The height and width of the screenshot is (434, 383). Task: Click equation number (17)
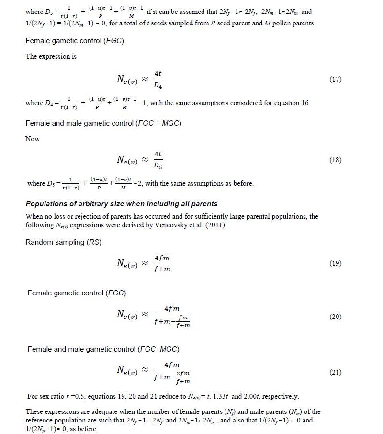pos(335,79)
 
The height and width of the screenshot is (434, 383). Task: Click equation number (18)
pos(335,160)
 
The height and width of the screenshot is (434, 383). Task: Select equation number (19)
pos(335,263)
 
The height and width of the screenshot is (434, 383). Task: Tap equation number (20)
pos(335,317)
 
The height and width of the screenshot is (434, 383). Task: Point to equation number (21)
pos(335,372)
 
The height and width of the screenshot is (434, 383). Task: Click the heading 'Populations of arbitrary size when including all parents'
pos(122,204)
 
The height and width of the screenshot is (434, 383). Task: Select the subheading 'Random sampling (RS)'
pos(63,242)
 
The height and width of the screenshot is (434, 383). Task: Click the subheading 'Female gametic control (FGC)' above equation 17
pos(75,41)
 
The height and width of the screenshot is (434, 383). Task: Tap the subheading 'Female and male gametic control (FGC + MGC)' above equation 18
pos(103,123)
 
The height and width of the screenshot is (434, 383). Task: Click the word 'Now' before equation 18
pos(33,139)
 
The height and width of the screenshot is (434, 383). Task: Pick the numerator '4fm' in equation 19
pos(162,258)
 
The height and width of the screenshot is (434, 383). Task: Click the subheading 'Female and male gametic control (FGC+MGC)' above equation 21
pos(103,349)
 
